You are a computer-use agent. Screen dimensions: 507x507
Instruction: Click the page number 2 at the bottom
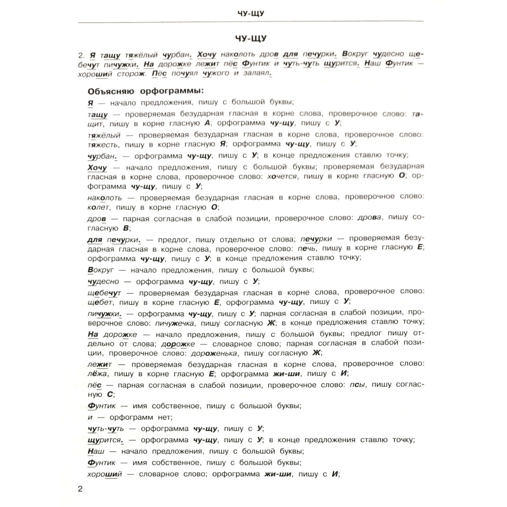tap(80, 489)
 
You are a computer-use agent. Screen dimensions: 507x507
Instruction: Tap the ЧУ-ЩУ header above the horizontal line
tap(251, 13)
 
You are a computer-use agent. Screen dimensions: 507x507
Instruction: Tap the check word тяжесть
tap(103, 145)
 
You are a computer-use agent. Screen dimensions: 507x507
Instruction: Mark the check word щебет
tap(100, 303)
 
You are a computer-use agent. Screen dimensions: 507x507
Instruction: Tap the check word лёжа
tap(98, 374)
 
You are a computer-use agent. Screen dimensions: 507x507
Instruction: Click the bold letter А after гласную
tap(208, 123)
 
